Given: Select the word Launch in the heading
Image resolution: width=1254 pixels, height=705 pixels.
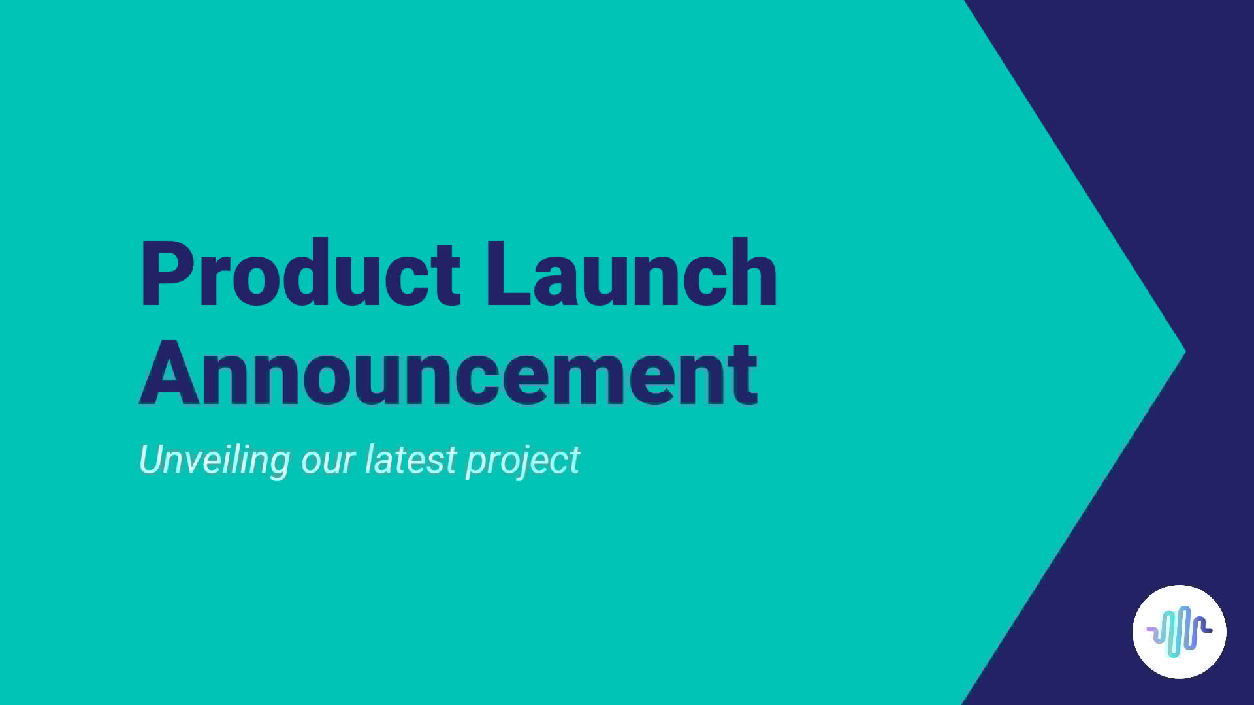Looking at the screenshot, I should click(x=631, y=274).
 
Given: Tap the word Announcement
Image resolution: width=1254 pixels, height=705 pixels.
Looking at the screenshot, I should click(x=448, y=375).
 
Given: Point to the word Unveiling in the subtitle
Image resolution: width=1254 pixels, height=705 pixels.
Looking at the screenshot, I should click(x=214, y=460).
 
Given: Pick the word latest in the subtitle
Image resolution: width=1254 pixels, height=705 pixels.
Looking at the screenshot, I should click(x=410, y=460).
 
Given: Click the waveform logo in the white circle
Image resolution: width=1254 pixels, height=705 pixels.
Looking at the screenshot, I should click(x=1179, y=631).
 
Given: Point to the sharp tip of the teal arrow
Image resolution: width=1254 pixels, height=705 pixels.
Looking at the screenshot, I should click(x=1183, y=352).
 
